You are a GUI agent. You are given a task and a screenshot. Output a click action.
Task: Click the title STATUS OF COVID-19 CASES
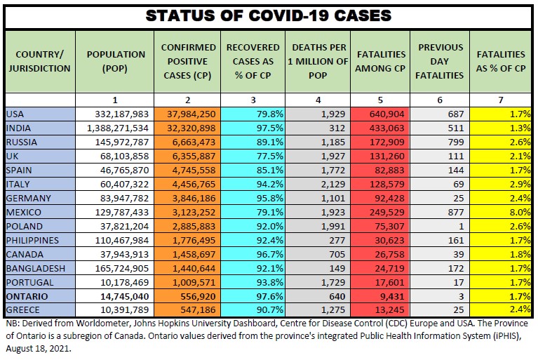point(269,15)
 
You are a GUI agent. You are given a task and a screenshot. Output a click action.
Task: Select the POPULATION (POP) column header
point(116,61)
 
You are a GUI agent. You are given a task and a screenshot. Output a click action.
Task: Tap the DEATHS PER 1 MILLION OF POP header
point(318,61)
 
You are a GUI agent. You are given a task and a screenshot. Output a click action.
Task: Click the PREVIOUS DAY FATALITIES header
point(441,61)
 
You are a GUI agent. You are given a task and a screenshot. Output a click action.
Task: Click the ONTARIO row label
point(27,296)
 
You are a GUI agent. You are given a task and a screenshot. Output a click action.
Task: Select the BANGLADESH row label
point(35,268)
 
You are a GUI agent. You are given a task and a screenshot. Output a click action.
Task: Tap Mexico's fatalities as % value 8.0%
point(519,212)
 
